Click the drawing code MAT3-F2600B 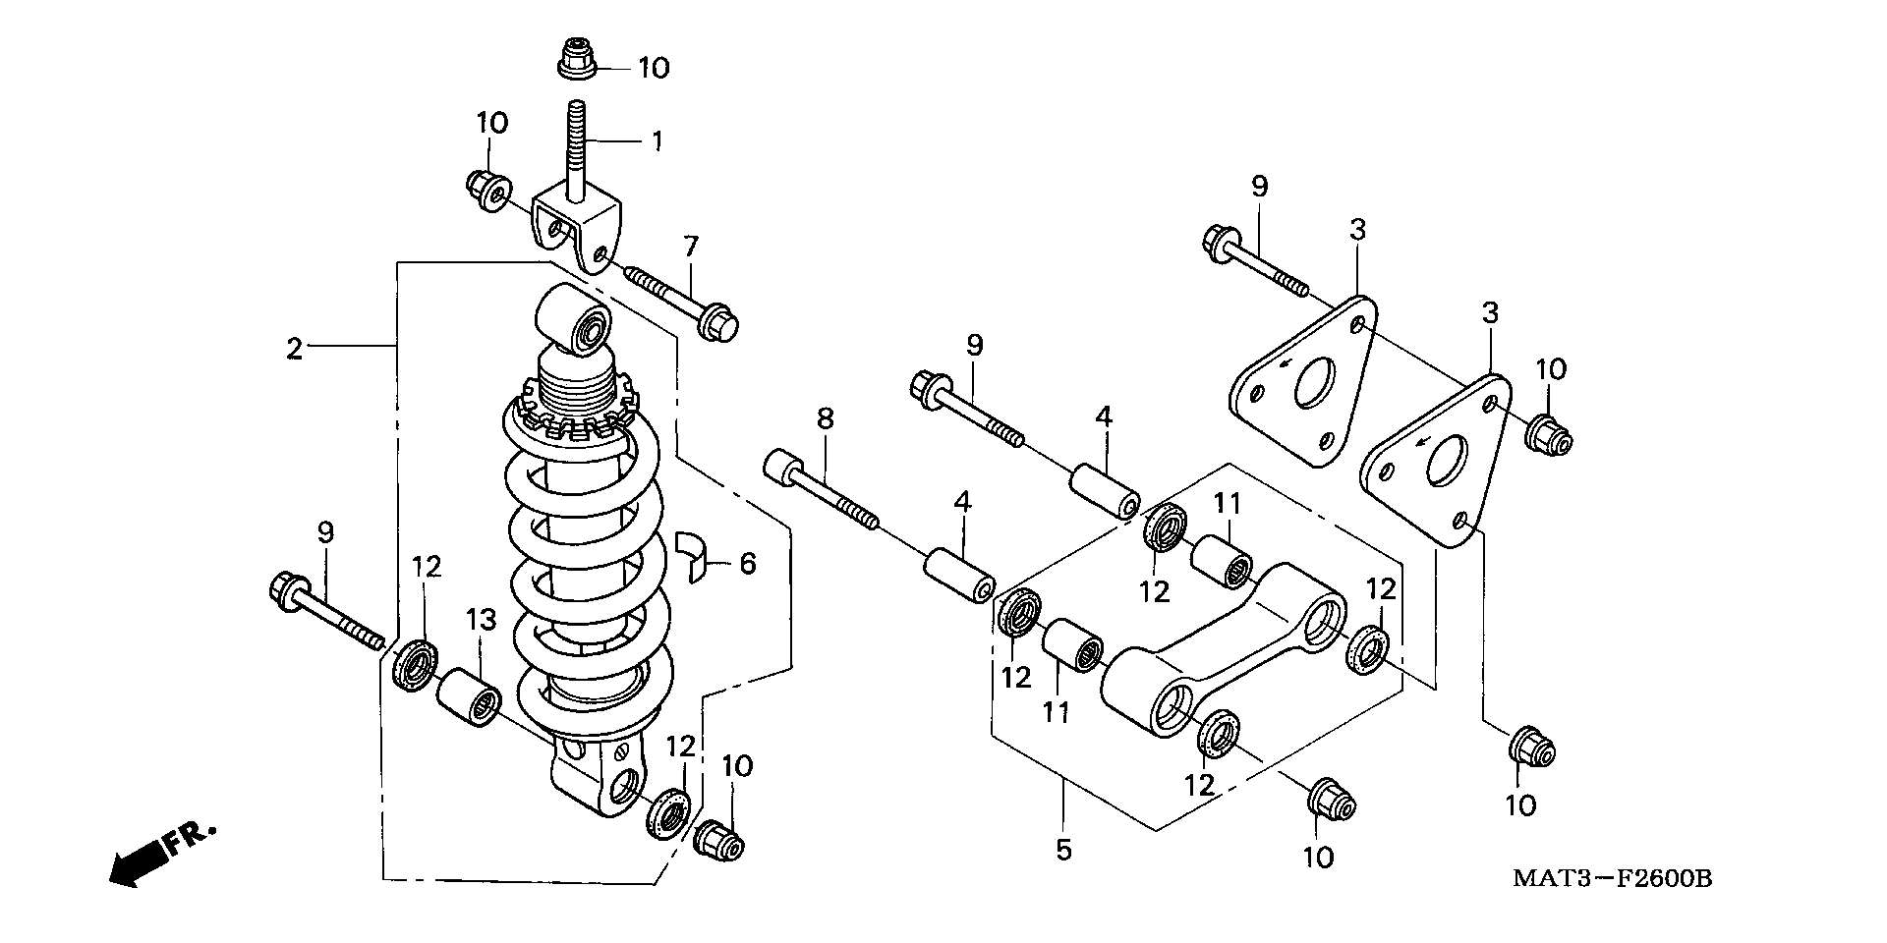(1612, 877)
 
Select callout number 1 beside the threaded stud (656, 140)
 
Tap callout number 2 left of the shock (294, 349)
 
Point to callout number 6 (747, 564)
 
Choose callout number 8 (825, 418)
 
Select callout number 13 (481, 620)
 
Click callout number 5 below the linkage (1063, 850)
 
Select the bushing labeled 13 (468, 698)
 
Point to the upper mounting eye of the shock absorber (575, 319)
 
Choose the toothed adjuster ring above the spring (575, 417)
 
